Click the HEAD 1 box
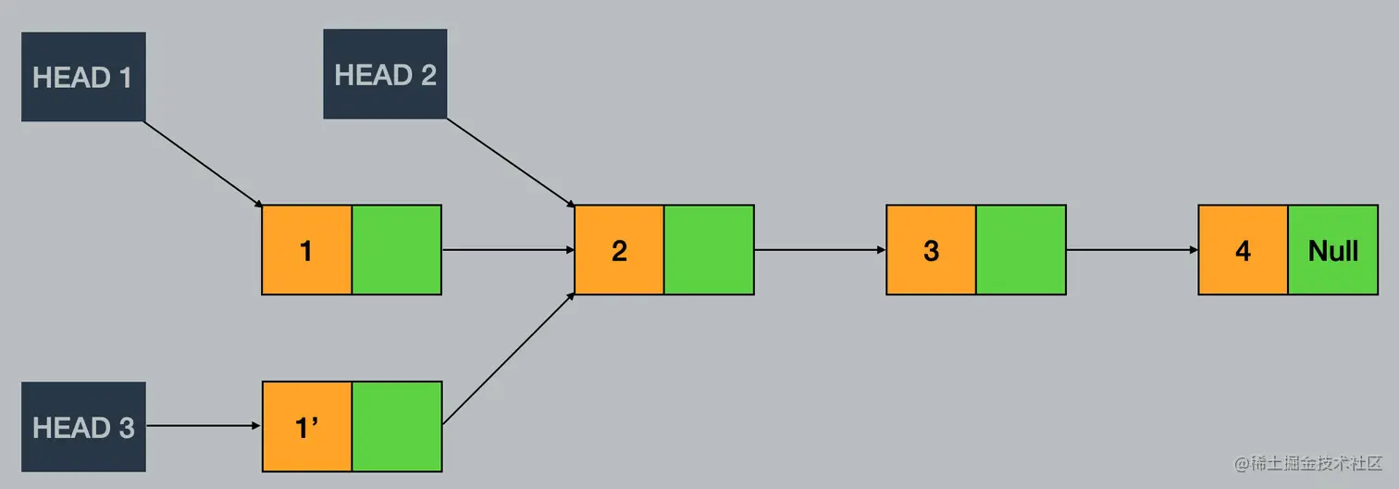83,77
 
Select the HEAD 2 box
385,74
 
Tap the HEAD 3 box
83,427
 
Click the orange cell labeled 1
306,250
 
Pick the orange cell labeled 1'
306,427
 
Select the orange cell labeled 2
619,250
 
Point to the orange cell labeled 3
931,250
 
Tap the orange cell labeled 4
1243,250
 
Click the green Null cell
1333,250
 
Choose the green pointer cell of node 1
397,250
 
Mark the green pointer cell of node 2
709,250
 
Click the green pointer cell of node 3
1021,250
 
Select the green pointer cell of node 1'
397,427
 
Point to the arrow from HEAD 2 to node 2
510,161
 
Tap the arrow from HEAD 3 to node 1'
204,426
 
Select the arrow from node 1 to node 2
507,250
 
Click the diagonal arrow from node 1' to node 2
509,359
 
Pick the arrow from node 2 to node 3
820,250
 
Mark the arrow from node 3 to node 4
1132,250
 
